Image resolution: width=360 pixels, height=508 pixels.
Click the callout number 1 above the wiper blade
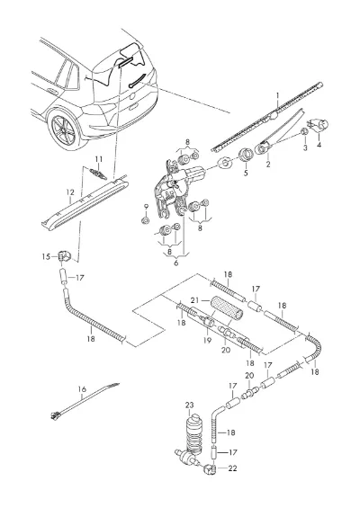(277, 95)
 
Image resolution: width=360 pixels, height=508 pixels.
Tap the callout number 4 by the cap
(319, 145)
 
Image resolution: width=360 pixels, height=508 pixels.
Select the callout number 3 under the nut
(305, 147)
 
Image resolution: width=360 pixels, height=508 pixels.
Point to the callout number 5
(246, 173)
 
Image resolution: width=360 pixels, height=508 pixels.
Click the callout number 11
(99, 159)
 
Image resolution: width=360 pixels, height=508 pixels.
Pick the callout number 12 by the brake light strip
(70, 192)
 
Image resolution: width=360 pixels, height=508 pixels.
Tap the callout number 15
(47, 257)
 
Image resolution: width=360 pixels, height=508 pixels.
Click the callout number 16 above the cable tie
(82, 388)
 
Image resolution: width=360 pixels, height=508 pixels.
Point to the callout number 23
(189, 405)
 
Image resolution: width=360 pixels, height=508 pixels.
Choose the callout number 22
(232, 468)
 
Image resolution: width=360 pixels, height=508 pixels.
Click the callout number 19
(207, 340)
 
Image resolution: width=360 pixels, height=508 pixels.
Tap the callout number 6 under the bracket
(175, 263)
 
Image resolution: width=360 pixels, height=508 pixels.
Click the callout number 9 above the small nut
(146, 207)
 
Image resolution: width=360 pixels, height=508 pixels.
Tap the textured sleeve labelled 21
(227, 307)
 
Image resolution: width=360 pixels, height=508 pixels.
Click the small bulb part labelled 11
(98, 174)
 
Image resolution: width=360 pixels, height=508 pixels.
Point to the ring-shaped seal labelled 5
(246, 155)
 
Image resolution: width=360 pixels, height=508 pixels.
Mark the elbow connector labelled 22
(209, 469)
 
